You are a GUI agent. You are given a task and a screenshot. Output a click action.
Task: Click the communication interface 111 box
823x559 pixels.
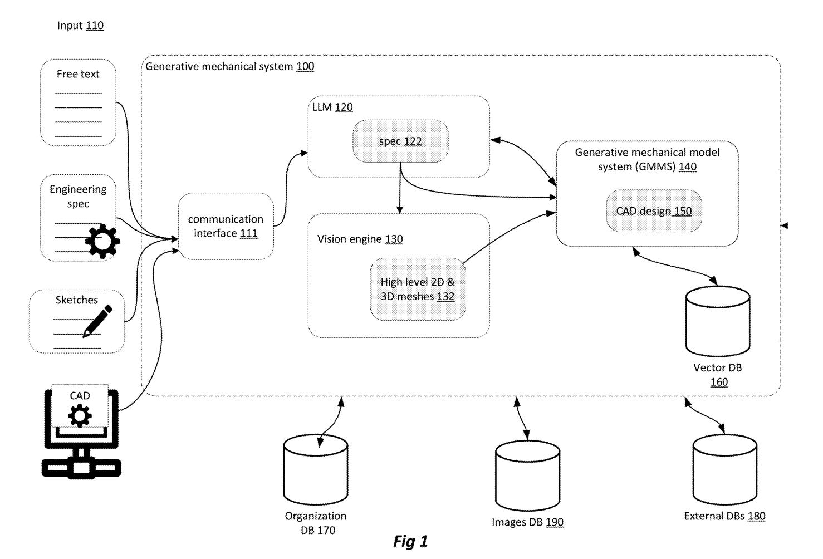[x=226, y=226]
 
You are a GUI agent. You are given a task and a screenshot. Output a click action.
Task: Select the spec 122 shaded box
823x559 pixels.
[x=400, y=141]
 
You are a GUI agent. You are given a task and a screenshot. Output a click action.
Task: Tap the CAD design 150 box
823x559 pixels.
[x=654, y=211]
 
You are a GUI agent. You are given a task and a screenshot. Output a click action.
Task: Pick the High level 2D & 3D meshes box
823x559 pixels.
[x=418, y=289]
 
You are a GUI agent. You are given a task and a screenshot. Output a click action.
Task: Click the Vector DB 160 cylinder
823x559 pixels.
[x=718, y=321]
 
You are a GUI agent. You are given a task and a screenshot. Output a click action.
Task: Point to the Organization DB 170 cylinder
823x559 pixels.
[x=316, y=470]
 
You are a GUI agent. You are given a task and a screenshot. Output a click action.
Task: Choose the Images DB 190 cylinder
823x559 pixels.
[x=527, y=475]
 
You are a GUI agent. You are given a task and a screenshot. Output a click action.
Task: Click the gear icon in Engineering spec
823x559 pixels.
[x=102, y=241]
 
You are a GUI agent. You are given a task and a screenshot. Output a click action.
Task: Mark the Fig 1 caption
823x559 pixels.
[x=410, y=541]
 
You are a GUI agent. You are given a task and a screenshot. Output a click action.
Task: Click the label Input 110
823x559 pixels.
[x=80, y=26]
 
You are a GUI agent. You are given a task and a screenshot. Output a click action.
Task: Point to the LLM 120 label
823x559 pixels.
[x=332, y=107]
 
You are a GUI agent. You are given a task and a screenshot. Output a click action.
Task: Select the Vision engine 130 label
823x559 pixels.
[x=360, y=239]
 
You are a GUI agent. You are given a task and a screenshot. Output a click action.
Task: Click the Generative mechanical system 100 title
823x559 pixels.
[x=229, y=67]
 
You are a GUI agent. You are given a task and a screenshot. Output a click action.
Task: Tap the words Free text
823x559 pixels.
[x=78, y=74]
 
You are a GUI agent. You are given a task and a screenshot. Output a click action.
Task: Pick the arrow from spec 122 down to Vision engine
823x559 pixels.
[x=399, y=195]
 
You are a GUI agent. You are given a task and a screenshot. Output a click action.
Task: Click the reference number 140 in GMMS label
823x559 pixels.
[x=687, y=166]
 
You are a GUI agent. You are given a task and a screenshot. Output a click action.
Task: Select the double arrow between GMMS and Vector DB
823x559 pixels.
[x=675, y=264]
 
